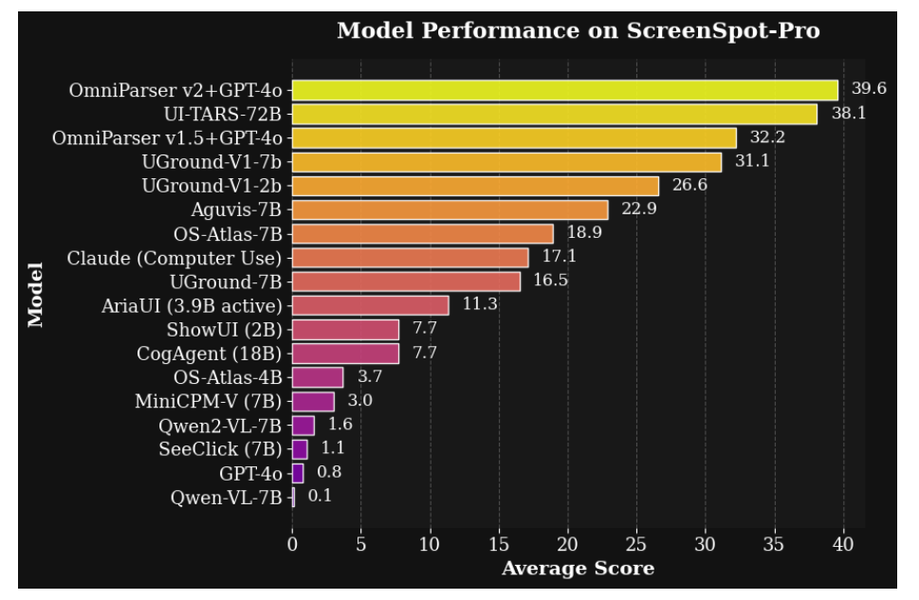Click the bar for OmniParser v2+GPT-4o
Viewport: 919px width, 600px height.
(x=564, y=90)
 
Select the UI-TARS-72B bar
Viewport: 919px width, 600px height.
(x=554, y=114)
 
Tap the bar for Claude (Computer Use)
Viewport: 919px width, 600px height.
(x=410, y=258)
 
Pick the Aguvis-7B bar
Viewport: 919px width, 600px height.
(x=450, y=209)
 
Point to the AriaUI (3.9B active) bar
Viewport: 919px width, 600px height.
(x=370, y=305)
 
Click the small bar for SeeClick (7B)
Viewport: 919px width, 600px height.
(x=300, y=449)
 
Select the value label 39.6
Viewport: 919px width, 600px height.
(x=868, y=89)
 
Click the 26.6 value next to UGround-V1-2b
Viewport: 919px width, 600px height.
(x=690, y=185)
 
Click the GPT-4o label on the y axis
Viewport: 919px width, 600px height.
(x=250, y=473)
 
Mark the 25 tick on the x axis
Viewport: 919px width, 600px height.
(x=636, y=544)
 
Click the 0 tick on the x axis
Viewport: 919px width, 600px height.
(x=292, y=544)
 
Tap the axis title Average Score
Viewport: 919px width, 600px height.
(x=577, y=569)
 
